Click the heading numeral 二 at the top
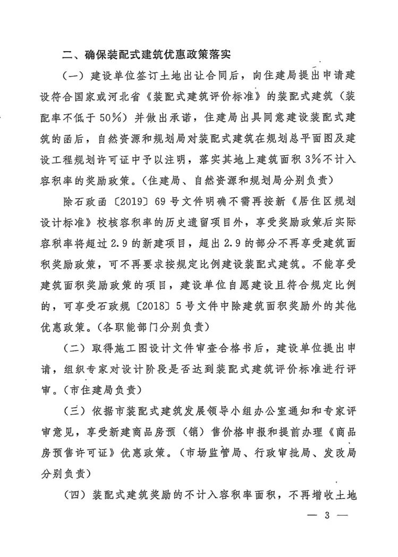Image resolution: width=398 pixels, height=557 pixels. (67, 55)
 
